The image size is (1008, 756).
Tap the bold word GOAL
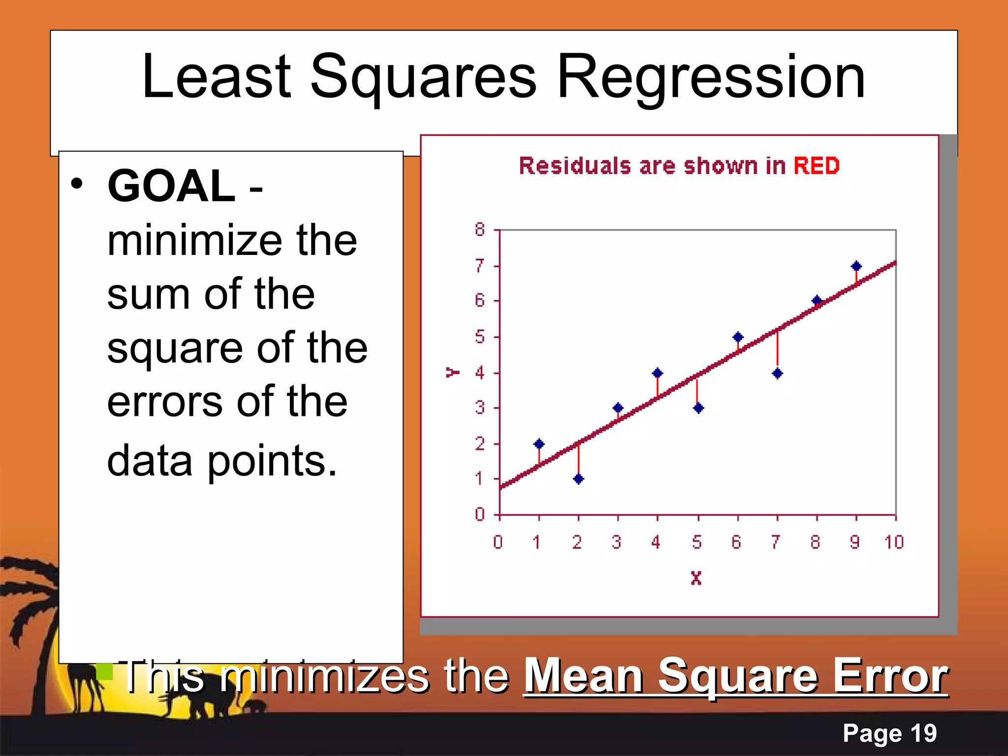click(x=171, y=186)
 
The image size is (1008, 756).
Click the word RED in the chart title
click(x=816, y=166)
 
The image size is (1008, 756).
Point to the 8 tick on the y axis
click(x=479, y=229)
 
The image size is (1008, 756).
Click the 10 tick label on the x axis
click(x=894, y=542)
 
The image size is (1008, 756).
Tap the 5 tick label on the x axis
click(x=696, y=542)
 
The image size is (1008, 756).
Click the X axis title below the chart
click(x=696, y=578)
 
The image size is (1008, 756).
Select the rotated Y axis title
click(x=452, y=372)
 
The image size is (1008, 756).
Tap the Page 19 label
click(x=889, y=733)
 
